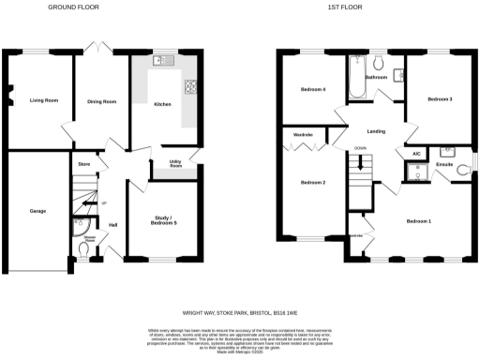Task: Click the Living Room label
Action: click(x=38, y=98)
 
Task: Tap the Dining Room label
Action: click(x=101, y=100)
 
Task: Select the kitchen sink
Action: click(x=161, y=61)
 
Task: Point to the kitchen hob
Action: click(x=191, y=88)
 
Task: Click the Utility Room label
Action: click(x=174, y=164)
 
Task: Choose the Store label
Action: click(x=83, y=164)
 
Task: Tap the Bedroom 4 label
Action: click(x=312, y=89)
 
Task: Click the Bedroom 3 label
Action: click(x=441, y=98)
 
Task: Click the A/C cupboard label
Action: click(x=415, y=153)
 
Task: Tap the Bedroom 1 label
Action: click(x=418, y=220)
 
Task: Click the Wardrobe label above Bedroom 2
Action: click(x=303, y=135)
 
